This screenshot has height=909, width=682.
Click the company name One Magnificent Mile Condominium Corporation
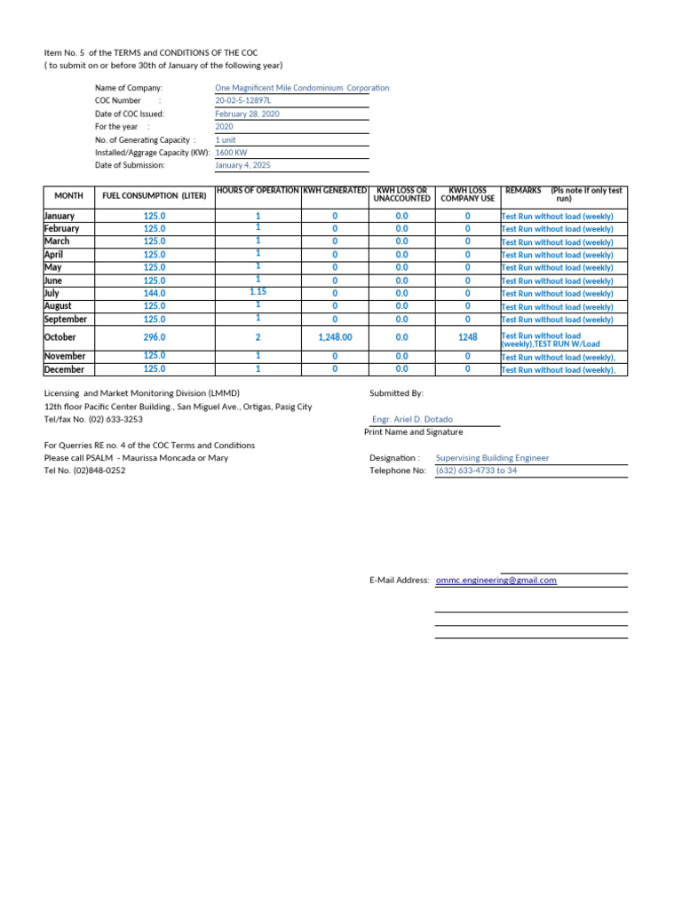point(302,88)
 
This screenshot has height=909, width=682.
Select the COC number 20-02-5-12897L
point(243,101)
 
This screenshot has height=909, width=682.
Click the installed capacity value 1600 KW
point(231,153)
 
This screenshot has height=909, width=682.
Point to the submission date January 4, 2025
point(243,165)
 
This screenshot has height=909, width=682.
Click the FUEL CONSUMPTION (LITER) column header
point(154,195)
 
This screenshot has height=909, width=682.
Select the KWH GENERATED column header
point(335,191)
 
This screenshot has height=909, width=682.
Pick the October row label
point(60,337)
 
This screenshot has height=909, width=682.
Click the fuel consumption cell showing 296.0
point(155,337)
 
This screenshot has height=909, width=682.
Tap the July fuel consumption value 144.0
point(155,293)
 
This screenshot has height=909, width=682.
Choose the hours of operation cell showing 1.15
point(258,291)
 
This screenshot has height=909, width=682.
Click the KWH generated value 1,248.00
point(335,337)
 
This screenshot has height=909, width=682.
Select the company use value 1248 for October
point(467,337)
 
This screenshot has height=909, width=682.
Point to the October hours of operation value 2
point(258,337)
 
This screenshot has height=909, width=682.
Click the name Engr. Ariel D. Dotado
point(413,420)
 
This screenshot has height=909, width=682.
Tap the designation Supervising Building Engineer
point(492,458)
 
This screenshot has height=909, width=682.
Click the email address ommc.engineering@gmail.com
point(496,581)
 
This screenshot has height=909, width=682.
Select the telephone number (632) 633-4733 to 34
point(476,470)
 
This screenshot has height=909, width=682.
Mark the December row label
point(64,369)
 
